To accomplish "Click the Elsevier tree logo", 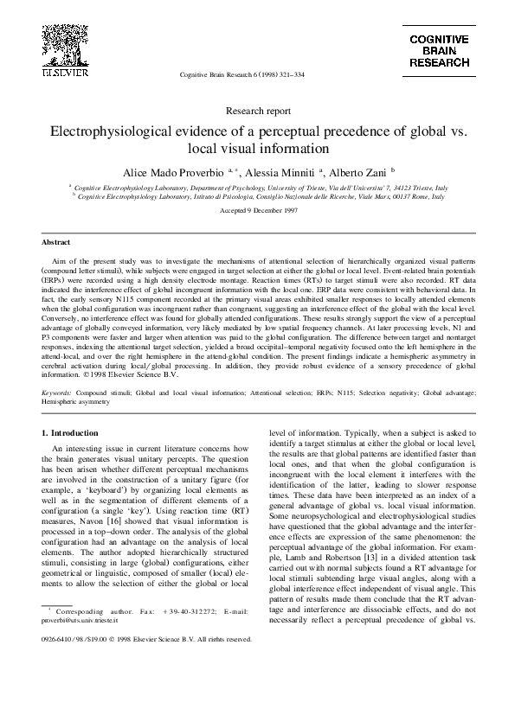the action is (x=64, y=44).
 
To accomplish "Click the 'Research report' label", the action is (x=257, y=111).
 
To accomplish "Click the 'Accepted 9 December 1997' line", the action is (x=257, y=210).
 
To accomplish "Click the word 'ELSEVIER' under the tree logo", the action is (x=64, y=73).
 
